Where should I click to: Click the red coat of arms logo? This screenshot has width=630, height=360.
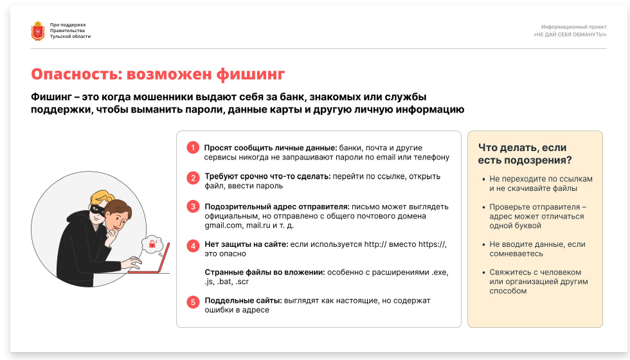38,31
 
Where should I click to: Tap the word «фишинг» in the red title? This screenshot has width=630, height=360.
250,75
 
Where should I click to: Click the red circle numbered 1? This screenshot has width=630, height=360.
193,148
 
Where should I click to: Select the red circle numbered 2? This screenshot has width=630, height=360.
193,178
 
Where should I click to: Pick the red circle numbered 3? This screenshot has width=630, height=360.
193,206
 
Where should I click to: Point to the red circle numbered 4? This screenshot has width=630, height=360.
193,246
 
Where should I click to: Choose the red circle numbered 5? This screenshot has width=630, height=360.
193,301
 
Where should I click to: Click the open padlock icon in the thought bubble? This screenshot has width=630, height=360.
152,244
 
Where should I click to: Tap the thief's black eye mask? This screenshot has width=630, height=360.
96,210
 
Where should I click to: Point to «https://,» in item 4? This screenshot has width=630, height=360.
432,244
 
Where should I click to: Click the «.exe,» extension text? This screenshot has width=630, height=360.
440,273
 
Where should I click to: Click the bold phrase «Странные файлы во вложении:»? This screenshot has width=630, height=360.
265,273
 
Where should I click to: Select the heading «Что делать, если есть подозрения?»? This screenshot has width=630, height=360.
525,154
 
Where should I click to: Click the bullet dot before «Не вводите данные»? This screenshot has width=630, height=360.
483,245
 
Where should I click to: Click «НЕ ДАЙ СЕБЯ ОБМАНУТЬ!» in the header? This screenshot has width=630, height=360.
570,35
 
